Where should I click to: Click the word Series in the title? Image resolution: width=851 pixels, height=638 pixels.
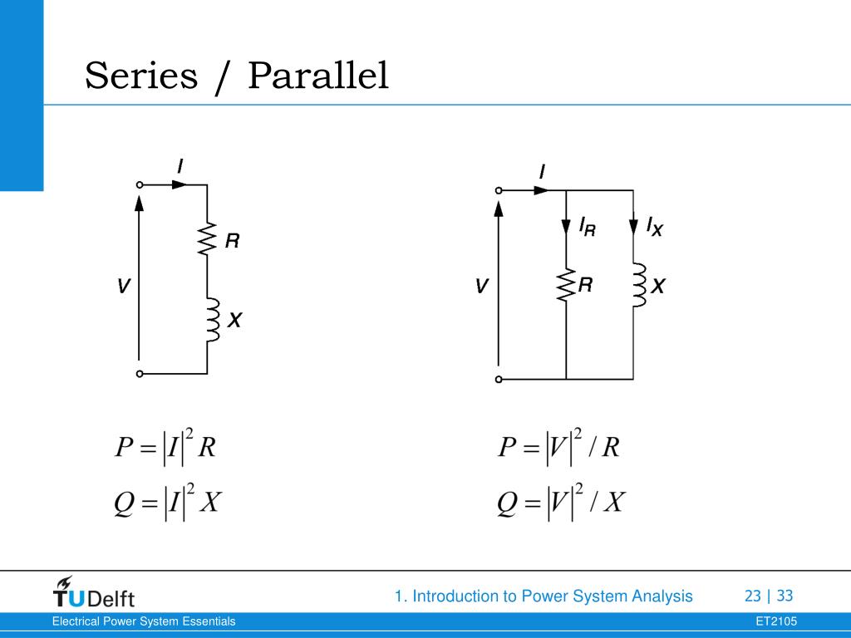click(x=142, y=76)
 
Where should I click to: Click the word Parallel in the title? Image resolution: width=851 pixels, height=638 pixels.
click(x=318, y=76)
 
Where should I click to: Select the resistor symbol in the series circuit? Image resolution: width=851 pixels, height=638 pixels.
click(x=207, y=240)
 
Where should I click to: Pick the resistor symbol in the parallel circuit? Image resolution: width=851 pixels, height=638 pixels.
click(x=566, y=286)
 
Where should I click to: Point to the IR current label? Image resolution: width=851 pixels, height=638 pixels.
click(x=587, y=227)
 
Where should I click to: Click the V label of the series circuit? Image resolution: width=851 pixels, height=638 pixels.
click(x=123, y=287)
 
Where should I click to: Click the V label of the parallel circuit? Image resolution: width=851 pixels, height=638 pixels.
click(x=481, y=287)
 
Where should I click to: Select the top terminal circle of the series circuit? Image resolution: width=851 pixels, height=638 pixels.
click(x=140, y=185)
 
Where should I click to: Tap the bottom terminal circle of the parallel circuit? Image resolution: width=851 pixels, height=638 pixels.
click(x=499, y=380)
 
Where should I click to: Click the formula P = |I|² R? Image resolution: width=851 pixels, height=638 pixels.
click(x=165, y=448)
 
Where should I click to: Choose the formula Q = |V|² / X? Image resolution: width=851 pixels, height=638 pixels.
click(x=561, y=503)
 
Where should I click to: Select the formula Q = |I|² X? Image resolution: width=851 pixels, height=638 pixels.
click(x=166, y=503)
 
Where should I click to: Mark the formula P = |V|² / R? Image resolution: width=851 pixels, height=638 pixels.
click(x=558, y=448)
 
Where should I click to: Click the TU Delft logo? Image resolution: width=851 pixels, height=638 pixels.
click(x=93, y=593)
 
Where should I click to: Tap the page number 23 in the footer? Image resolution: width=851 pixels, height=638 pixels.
click(x=753, y=596)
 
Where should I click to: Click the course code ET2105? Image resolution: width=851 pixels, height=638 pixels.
click(x=776, y=621)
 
